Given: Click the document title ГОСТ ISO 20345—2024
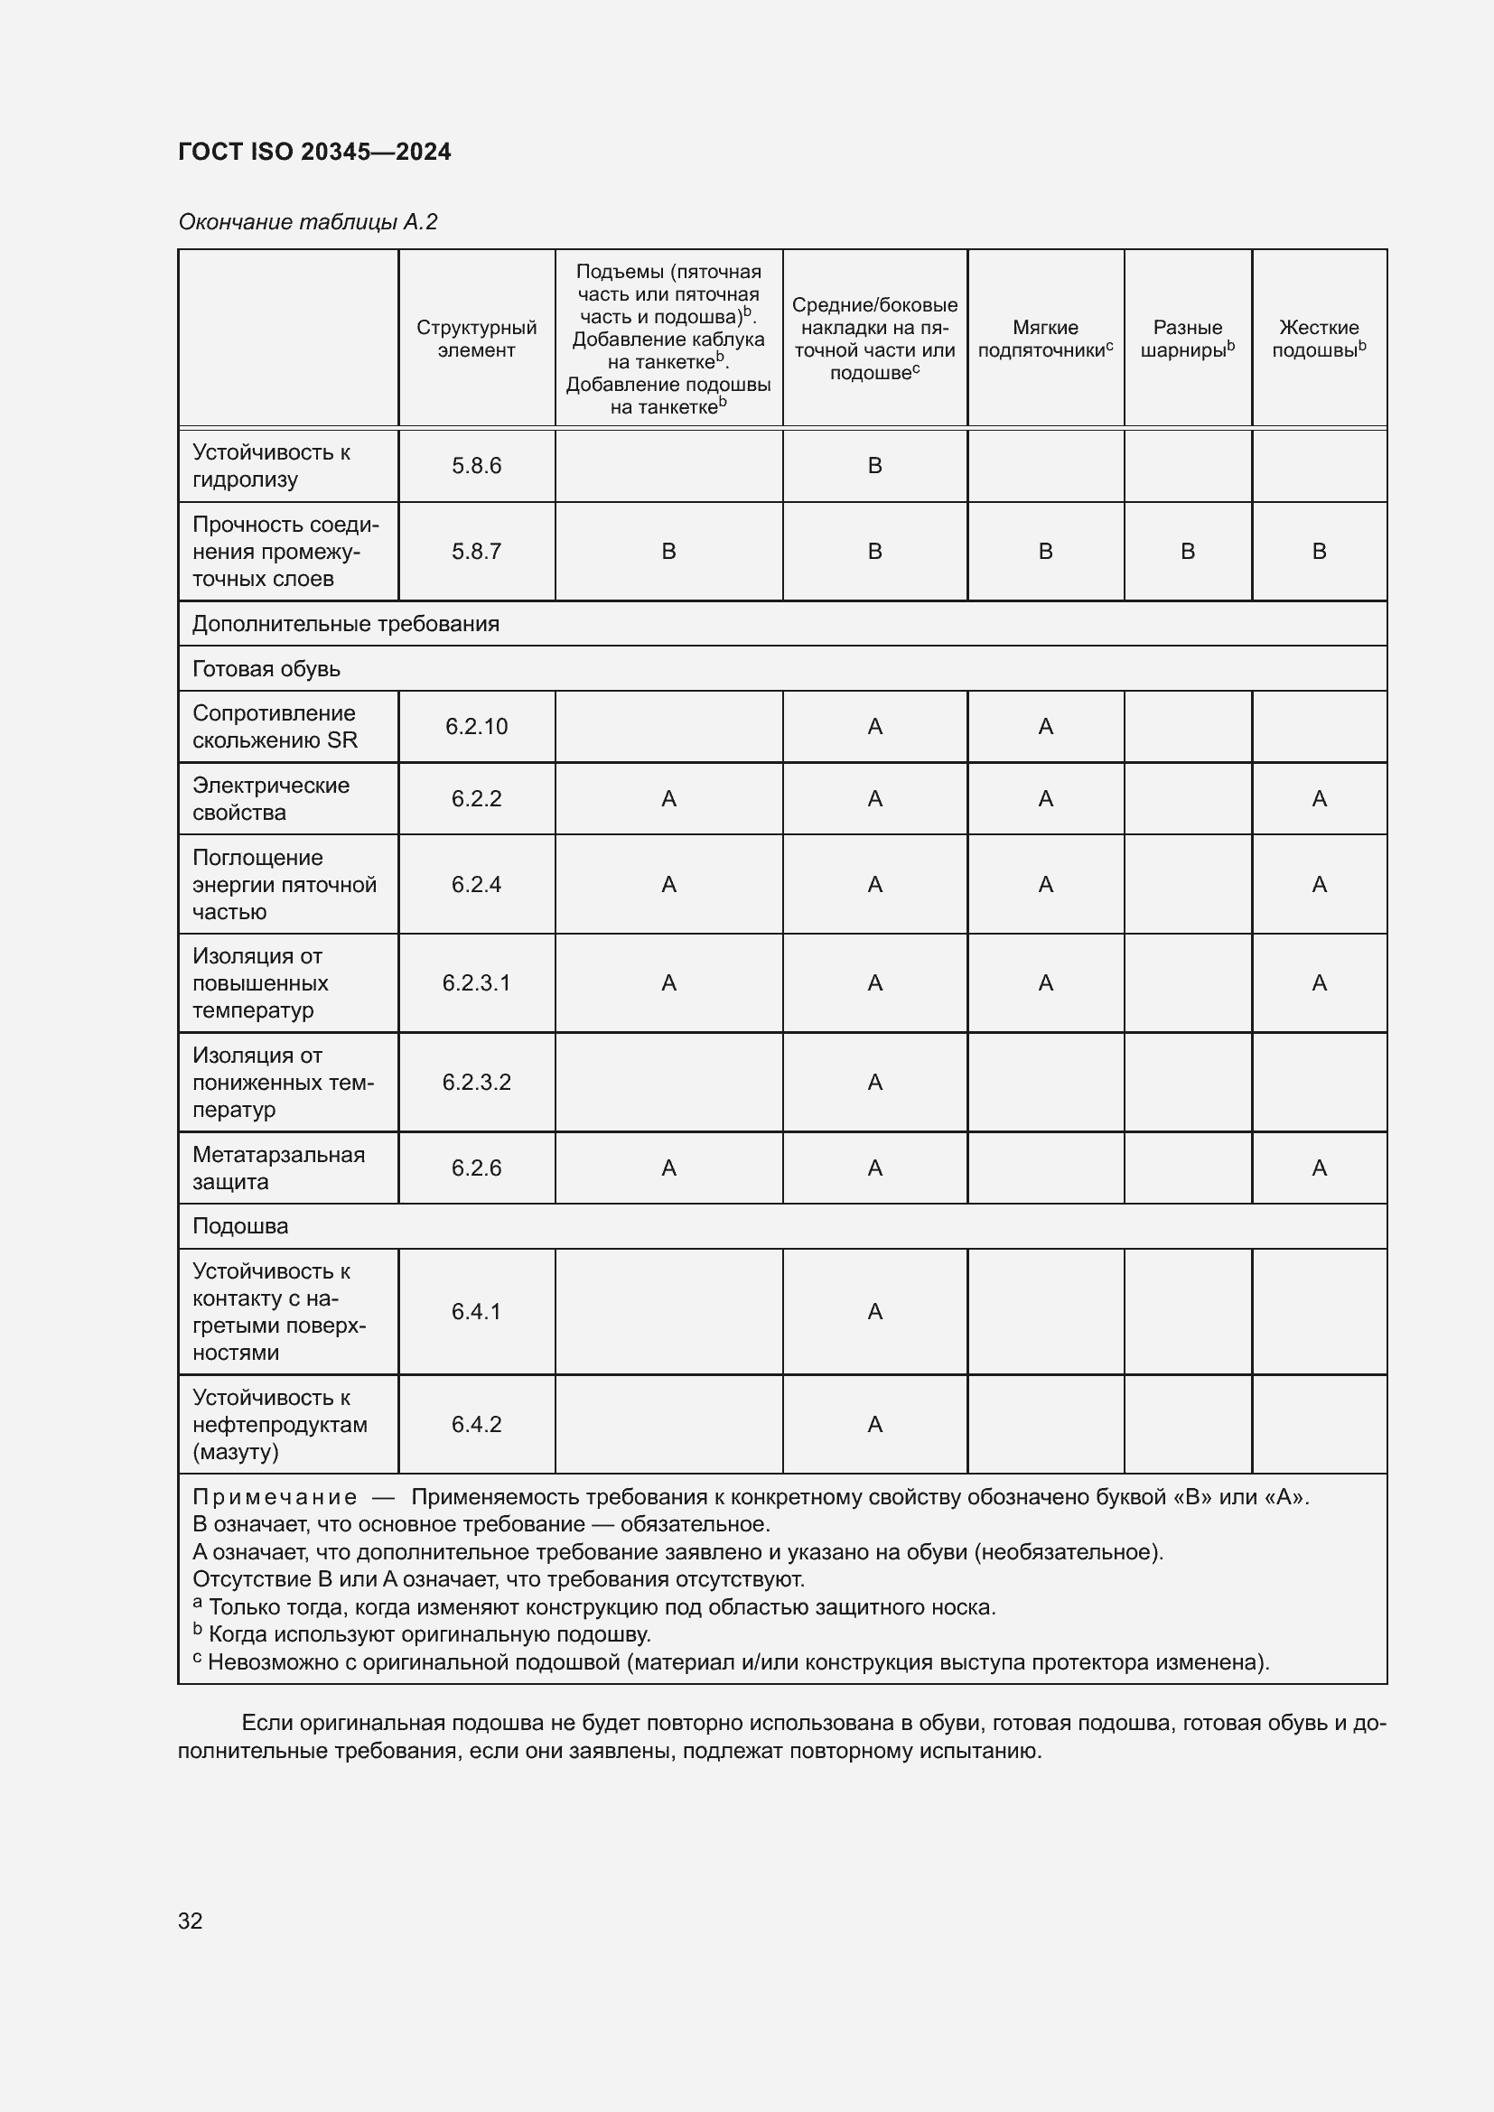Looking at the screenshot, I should coord(314,152).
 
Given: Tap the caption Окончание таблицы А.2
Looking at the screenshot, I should coord(307,222).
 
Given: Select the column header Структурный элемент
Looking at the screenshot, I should coord(476,339).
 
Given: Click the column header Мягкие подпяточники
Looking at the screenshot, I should coord(1045,339).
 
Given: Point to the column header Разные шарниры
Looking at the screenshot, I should coord(1187,339).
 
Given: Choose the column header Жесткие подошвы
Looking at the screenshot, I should coord(1318,339).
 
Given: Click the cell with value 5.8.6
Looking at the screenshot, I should coord(476,465).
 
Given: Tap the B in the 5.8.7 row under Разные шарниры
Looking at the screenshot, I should coord(1187,551).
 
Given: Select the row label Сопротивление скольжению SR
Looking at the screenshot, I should coord(275,727).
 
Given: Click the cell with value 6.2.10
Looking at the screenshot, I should coord(476,727).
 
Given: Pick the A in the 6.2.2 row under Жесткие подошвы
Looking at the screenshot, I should coord(1318,798).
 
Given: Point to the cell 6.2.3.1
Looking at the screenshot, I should coord(476,982).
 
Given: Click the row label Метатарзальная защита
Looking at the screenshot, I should coord(278,1168).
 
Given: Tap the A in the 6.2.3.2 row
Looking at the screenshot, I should coord(874,1082).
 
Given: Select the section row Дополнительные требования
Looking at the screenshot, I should coord(345,624).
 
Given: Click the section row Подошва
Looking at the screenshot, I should coord(240,1226).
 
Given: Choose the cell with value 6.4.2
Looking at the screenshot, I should coord(476,1424).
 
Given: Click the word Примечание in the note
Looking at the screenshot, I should coord(275,1496).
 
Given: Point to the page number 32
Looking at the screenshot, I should coord(191,1921).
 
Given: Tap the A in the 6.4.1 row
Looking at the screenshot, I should coord(874,1311).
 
